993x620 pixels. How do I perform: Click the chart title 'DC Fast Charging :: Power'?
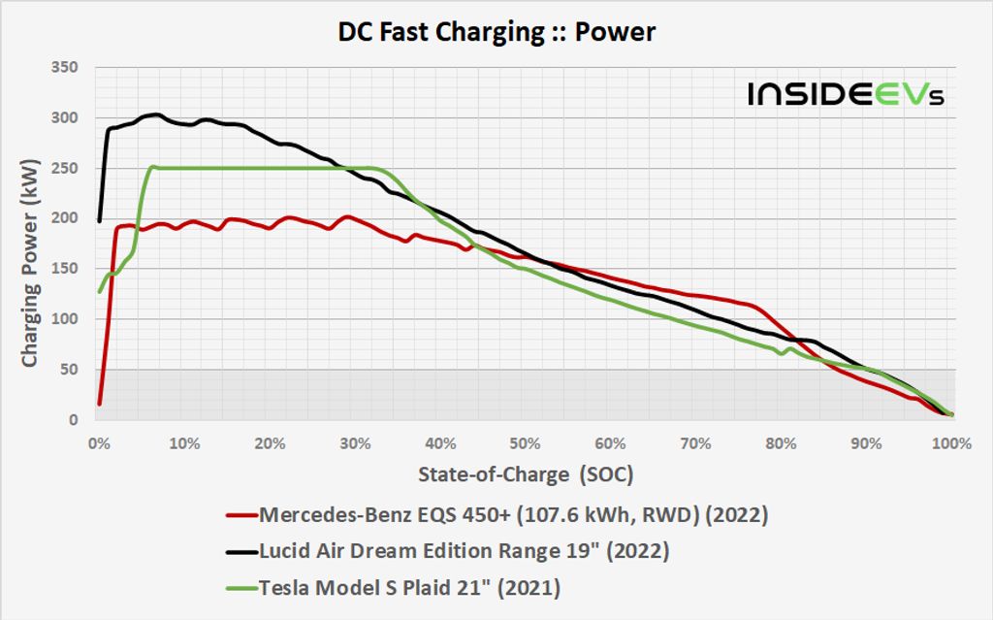pyautogui.click(x=496, y=32)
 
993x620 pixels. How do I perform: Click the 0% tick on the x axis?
pyautogui.click(x=98, y=443)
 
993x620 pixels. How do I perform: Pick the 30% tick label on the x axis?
pyautogui.click(x=354, y=443)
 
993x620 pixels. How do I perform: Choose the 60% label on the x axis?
pyautogui.click(x=610, y=443)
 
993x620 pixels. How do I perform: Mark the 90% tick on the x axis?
pyautogui.click(x=866, y=443)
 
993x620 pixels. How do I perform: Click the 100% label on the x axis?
pyautogui.click(x=950, y=443)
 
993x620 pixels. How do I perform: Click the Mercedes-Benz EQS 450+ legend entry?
pyautogui.click(x=514, y=515)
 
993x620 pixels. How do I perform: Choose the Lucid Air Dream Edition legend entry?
pyautogui.click(x=464, y=551)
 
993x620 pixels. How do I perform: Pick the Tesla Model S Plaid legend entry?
pyautogui.click(x=410, y=587)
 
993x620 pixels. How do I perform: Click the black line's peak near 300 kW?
pyautogui.click(x=156, y=114)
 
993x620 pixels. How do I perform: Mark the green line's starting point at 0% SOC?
pyautogui.click(x=99, y=291)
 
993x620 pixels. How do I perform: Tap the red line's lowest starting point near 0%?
pyautogui.click(x=99, y=404)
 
